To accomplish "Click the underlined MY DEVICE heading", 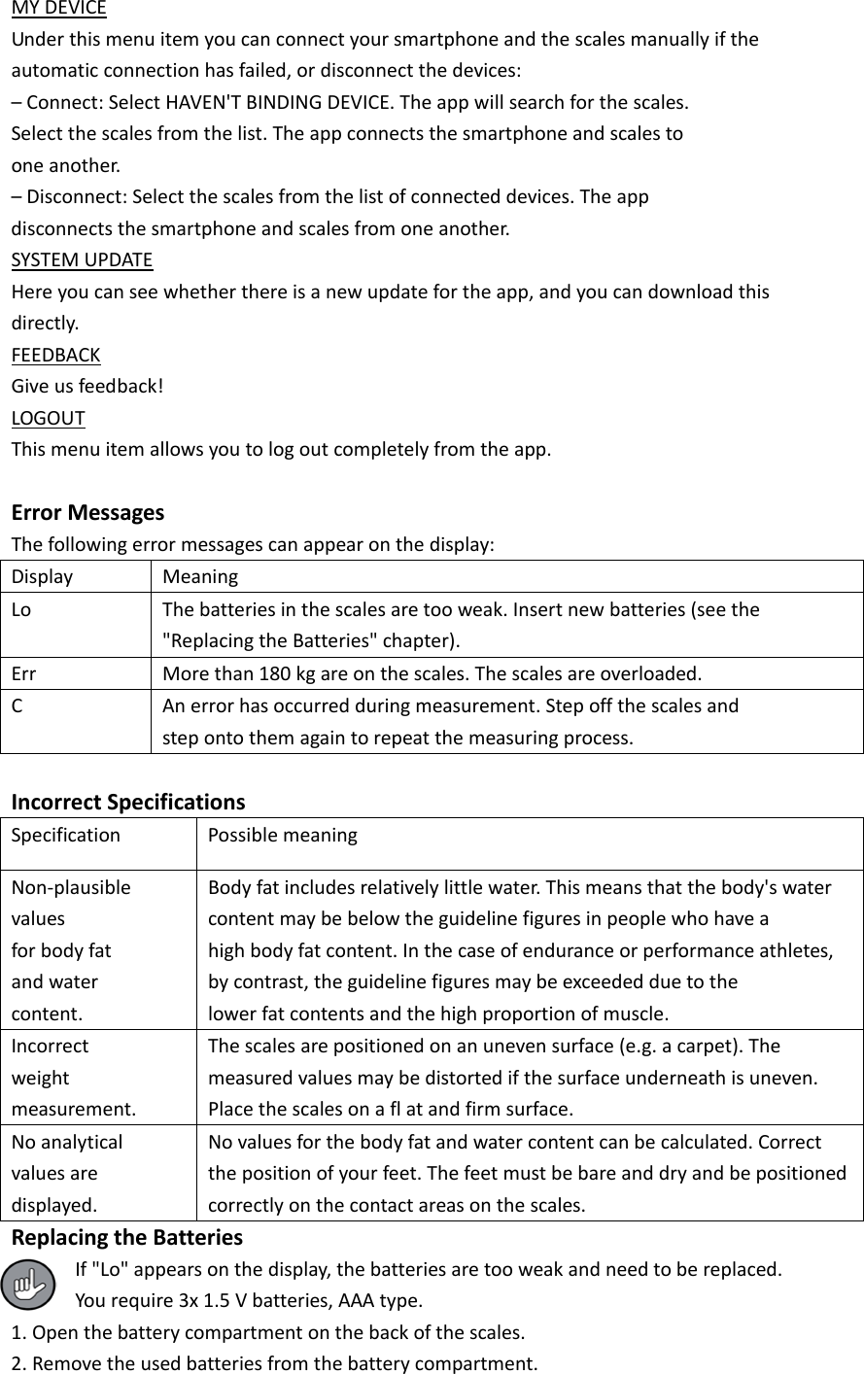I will (58, 9).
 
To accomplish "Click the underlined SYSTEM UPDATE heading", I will (82, 260).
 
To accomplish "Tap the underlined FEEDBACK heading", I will (55, 355).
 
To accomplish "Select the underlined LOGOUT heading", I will (48, 419).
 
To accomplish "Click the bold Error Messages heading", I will (87, 512).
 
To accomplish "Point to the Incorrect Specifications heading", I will (127, 802).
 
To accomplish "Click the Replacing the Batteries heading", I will (126, 1237).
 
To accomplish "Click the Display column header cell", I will (42, 576).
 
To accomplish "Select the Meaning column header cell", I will (200, 576).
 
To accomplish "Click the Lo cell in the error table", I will (21, 609).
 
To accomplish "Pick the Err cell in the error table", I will (24, 673).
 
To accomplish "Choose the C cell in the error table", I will (17, 705).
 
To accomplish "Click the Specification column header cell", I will (66, 835).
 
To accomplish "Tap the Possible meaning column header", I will (283, 835).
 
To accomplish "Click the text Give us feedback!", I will (86, 387).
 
